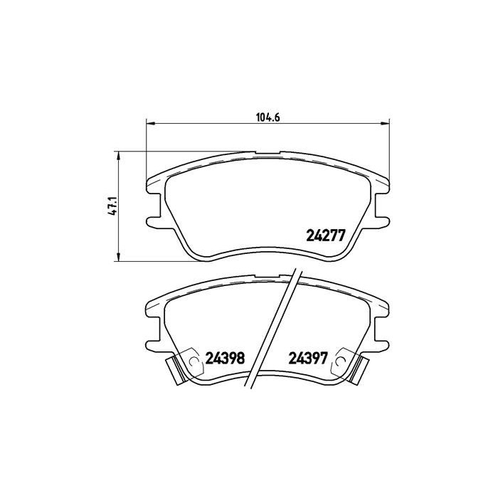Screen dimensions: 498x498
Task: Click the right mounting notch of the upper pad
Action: (382, 218)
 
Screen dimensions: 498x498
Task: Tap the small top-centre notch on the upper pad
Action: (267, 152)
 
